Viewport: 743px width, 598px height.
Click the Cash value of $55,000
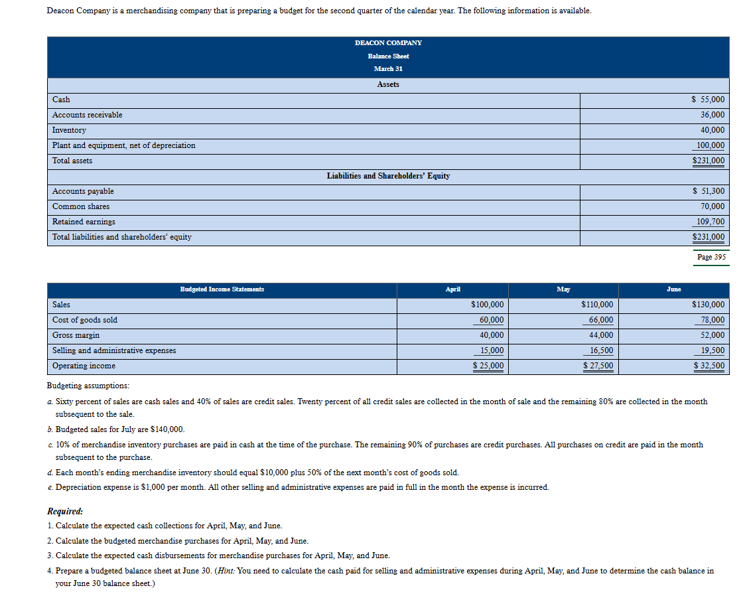[708, 100]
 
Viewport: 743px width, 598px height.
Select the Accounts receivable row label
[87, 115]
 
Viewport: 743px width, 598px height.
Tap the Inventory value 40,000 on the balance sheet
[712, 130]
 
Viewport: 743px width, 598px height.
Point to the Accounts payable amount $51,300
[708, 191]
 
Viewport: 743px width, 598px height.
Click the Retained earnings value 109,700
[710, 222]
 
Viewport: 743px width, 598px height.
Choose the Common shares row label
[81, 206]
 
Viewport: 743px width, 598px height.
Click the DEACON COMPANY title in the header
[388, 42]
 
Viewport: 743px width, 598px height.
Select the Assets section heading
[388, 84]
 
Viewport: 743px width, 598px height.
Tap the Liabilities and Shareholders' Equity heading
[388, 176]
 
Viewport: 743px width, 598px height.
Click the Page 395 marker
[711, 257]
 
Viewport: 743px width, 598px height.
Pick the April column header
[453, 289]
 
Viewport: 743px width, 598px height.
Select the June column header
[673, 289]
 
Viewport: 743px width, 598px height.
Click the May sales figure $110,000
[597, 305]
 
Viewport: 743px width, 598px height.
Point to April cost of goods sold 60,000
[491, 320]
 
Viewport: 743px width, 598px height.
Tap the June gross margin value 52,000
[712, 335]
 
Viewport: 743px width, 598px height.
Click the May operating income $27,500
[598, 366]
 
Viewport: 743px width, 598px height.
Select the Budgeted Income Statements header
[222, 289]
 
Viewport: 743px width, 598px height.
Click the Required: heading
[65, 512]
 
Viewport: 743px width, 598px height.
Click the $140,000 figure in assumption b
[168, 429]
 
